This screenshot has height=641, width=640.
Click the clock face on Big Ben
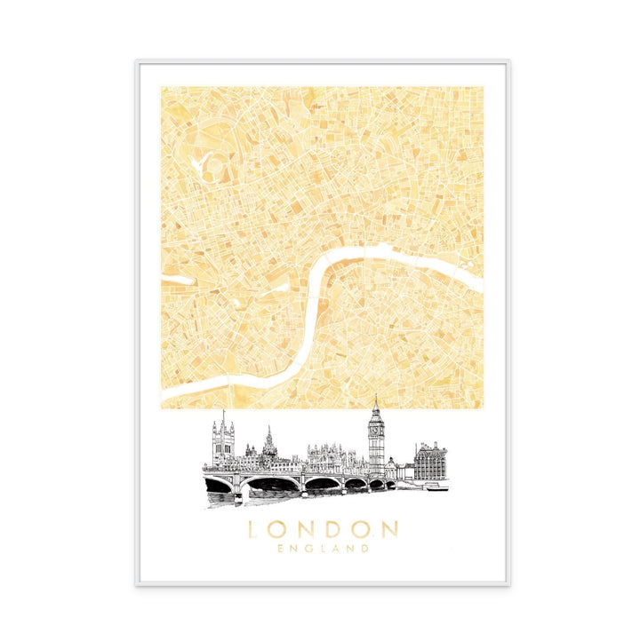[376, 428]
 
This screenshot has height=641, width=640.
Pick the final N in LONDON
[389, 530]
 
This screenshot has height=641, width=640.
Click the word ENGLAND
[323, 549]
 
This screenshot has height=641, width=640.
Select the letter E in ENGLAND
[281, 549]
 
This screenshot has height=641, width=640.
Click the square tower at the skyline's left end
[222, 442]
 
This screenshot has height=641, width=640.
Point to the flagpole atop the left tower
[223, 414]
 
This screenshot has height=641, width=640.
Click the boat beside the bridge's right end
[436, 486]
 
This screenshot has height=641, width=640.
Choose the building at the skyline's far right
[430, 461]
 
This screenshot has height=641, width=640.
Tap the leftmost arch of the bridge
[219, 484]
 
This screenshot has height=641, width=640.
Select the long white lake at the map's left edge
[178, 281]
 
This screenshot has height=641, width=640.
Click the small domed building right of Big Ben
[391, 464]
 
